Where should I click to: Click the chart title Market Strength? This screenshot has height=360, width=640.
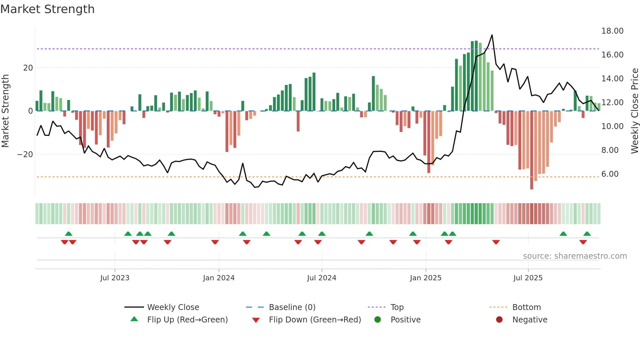[x=48, y=9]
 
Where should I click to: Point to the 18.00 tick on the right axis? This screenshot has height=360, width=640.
[x=612, y=31]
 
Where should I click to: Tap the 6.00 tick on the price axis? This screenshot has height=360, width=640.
[x=610, y=174]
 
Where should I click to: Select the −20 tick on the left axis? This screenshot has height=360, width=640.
[x=25, y=154]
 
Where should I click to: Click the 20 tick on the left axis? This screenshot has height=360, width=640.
[x=28, y=68]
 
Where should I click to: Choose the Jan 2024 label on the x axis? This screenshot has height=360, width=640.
[x=218, y=278]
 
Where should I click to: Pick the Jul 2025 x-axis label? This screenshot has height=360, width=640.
[x=528, y=278]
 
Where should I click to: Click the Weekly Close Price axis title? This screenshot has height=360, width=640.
[x=634, y=111]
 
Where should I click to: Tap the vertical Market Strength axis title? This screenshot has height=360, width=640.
[x=6, y=111]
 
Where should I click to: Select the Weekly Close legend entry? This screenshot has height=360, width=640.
[x=173, y=307]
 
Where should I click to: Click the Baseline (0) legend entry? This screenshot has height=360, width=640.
[x=292, y=307]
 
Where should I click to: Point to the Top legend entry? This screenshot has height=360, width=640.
[x=397, y=307]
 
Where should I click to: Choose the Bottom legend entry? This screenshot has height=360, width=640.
[x=526, y=307]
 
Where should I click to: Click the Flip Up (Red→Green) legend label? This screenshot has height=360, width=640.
[x=187, y=320]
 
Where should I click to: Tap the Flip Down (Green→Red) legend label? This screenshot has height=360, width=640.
[x=315, y=320]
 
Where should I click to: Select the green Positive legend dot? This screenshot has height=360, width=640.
[x=378, y=319]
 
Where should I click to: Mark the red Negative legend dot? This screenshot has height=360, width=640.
[x=499, y=319]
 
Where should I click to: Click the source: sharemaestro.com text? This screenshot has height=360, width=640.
[x=575, y=256]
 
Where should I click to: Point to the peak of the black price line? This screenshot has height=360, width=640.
[x=492, y=35]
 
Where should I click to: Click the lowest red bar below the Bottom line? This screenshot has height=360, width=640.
[x=532, y=188]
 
